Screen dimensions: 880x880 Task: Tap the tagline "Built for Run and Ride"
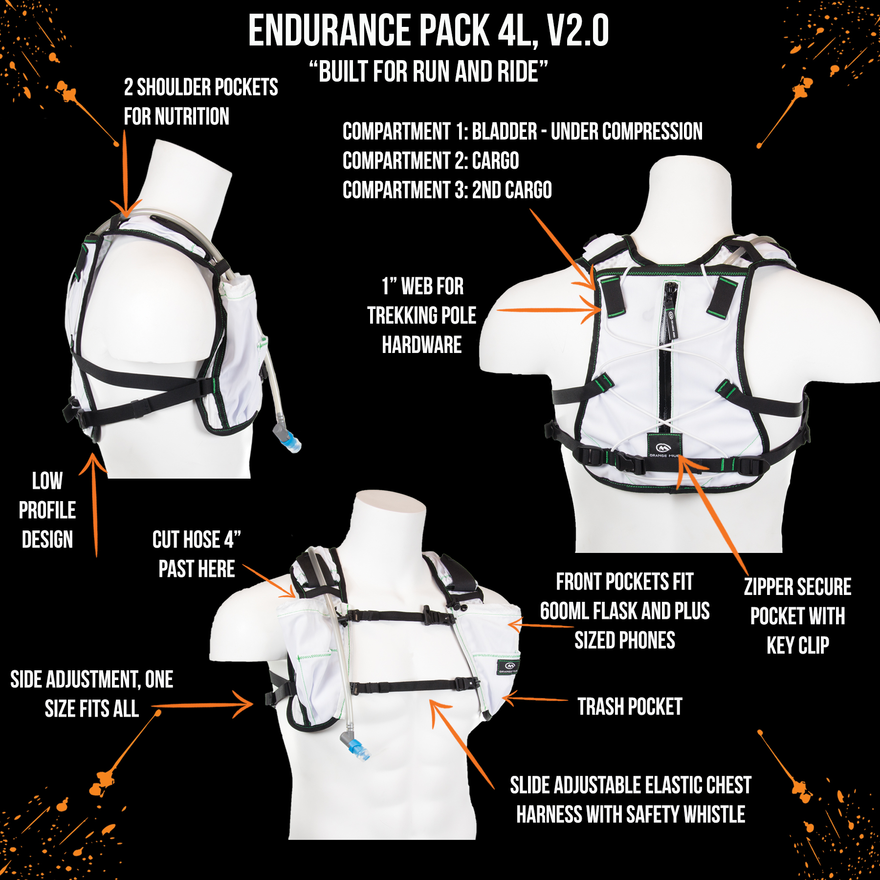point(428,72)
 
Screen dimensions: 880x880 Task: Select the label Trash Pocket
point(630,706)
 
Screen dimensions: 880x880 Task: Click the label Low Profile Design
point(47,510)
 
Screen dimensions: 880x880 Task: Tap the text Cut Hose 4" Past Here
point(197,554)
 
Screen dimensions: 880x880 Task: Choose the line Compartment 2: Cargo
point(431,161)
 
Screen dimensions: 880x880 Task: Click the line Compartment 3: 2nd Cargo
point(447,190)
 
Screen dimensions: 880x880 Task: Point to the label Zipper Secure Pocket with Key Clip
point(797,616)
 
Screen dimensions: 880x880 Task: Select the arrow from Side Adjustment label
point(203,705)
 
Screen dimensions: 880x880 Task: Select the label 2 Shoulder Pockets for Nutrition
point(200,102)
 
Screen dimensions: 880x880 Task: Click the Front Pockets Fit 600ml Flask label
point(625,611)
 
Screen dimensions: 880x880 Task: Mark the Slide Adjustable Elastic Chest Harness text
point(631,800)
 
